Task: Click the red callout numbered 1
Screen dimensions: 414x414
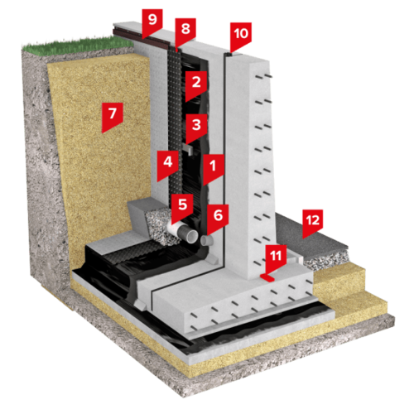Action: (x=214, y=168)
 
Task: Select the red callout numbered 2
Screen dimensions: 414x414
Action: (x=196, y=84)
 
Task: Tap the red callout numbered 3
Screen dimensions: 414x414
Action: (x=196, y=127)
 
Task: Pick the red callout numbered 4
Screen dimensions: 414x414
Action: (x=168, y=164)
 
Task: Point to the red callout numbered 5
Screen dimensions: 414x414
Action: (x=182, y=207)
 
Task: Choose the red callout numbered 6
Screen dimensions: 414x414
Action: (x=218, y=217)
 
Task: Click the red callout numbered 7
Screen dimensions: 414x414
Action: (x=112, y=116)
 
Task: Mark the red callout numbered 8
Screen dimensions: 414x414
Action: (x=185, y=31)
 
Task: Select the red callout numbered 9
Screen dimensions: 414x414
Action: (x=152, y=22)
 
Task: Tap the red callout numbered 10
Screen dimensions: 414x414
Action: (x=241, y=36)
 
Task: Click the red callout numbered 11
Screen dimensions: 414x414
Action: (x=276, y=258)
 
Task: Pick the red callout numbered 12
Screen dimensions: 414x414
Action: (x=313, y=222)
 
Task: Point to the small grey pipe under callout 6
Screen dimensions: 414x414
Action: (x=207, y=240)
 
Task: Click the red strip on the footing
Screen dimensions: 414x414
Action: (x=267, y=277)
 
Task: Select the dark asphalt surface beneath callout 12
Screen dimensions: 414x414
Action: (x=306, y=238)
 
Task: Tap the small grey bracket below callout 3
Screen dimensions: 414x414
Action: (x=188, y=148)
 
